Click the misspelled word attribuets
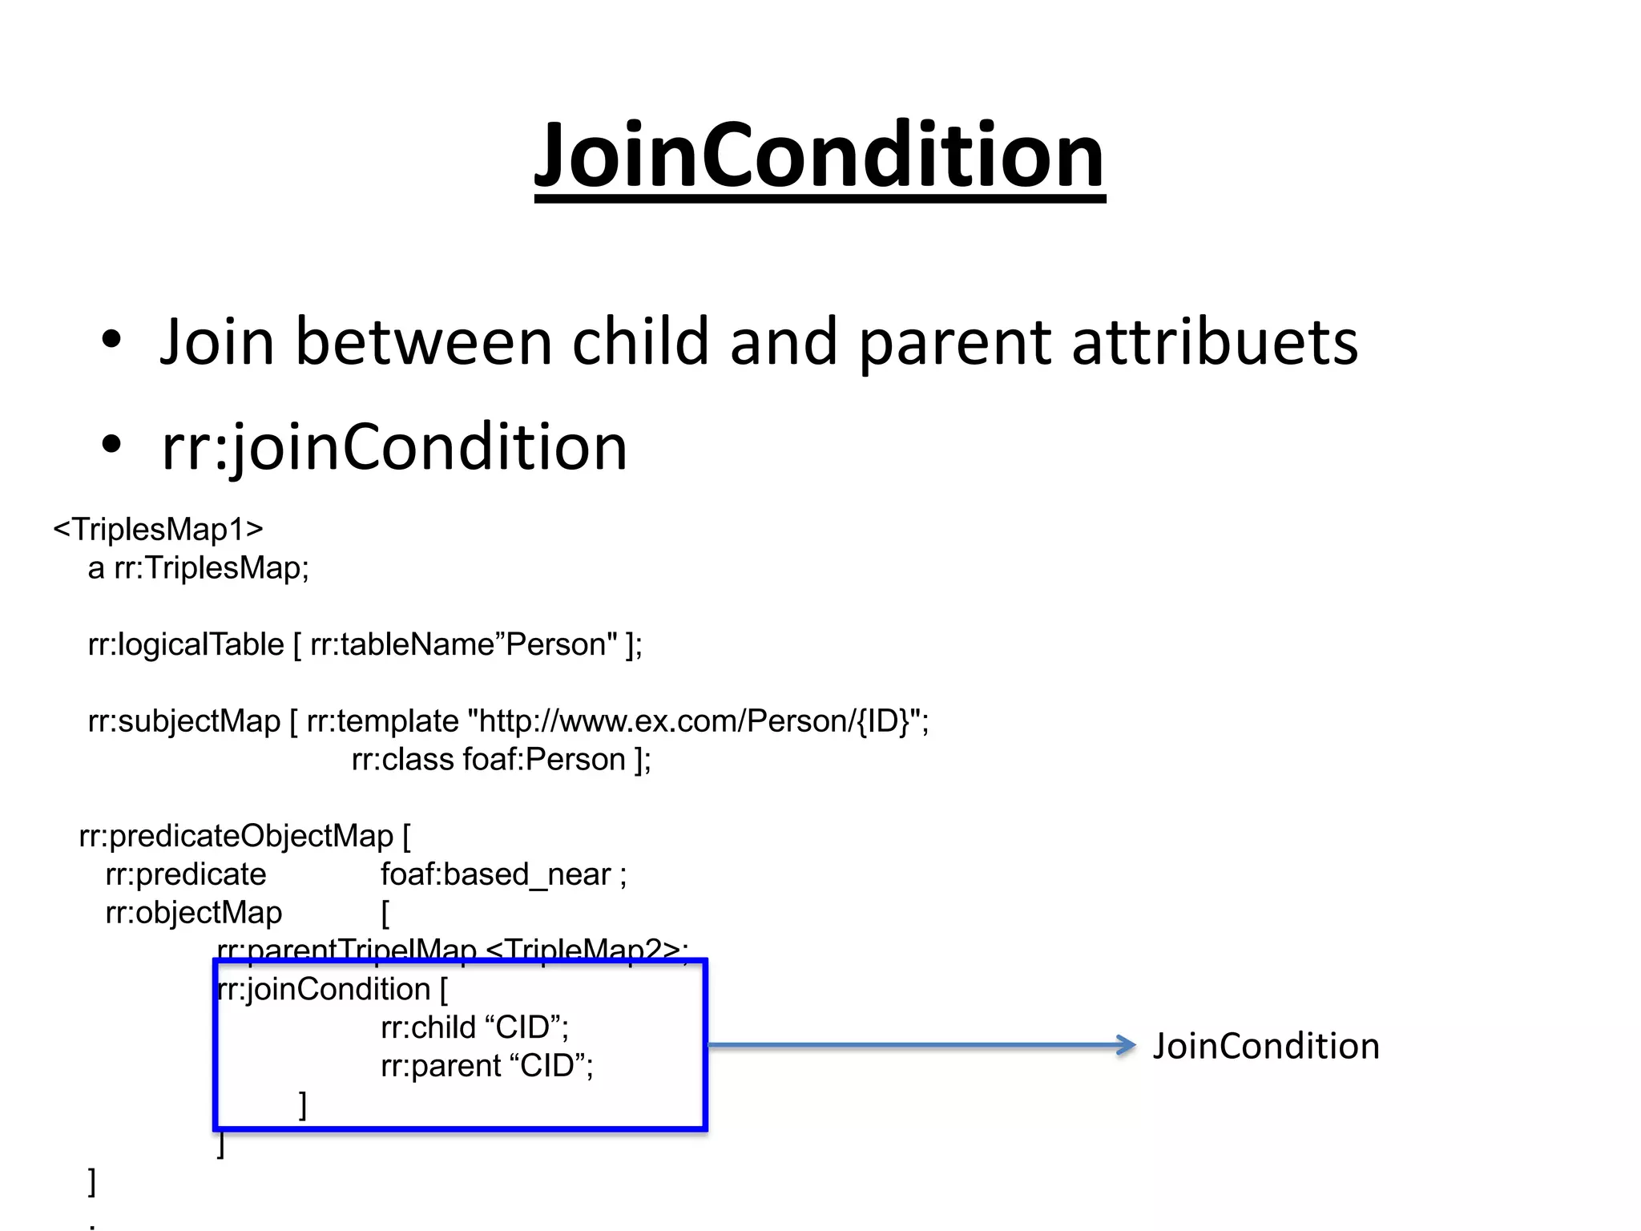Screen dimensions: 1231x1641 pos(1214,342)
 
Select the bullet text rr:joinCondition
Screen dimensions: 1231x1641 pos(394,447)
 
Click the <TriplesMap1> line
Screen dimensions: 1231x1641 pos(158,530)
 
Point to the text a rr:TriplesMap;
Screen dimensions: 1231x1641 pos(198,568)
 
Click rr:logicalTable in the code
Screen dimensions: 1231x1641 pos(185,645)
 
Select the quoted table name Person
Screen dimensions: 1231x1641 pos(560,644)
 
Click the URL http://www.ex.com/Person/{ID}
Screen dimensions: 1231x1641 pos(694,721)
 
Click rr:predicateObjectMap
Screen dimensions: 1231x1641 pos(236,837)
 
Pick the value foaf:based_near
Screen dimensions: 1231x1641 pos(495,874)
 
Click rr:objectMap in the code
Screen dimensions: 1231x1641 pos(193,913)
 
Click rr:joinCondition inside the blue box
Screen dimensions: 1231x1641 pos(324,990)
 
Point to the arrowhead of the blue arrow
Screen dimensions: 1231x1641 pos(1127,1045)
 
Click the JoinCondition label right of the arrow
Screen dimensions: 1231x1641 pos(1266,1047)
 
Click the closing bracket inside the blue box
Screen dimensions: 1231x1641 pos(303,1104)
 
